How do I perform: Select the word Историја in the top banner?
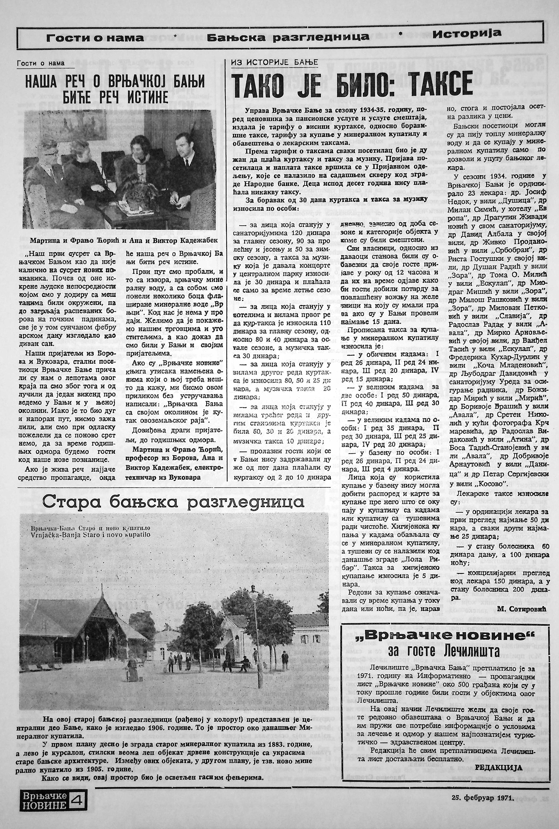(x=467, y=33)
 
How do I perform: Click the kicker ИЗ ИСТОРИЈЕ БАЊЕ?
(x=275, y=62)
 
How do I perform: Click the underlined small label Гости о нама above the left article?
(x=40, y=63)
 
